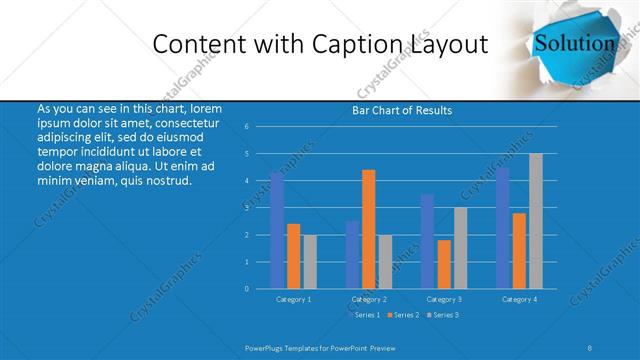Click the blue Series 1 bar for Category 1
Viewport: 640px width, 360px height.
[x=277, y=230]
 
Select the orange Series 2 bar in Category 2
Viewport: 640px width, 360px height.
[x=368, y=229]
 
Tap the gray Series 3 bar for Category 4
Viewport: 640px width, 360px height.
[x=536, y=221]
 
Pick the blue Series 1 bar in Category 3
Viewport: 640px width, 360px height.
[x=427, y=241]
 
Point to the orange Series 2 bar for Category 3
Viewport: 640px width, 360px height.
[x=444, y=264]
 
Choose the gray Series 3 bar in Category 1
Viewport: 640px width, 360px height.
[x=310, y=261]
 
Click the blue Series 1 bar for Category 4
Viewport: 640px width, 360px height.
[x=502, y=227]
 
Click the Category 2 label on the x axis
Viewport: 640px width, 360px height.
[x=369, y=299]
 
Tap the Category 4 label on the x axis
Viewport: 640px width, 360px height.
[x=519, y=299]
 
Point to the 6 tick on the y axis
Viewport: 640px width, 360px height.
[x=247, y=127]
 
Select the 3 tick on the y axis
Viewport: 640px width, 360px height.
[x=247, y=208]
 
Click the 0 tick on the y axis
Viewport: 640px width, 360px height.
[x=247, y=289]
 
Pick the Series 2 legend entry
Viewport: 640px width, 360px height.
[x=402, y=315]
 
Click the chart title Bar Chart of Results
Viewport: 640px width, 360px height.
[x=402, y=110]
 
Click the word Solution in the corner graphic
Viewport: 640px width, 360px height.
[x=574, y=43]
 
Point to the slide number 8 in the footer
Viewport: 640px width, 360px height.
[x=590, y=347]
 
